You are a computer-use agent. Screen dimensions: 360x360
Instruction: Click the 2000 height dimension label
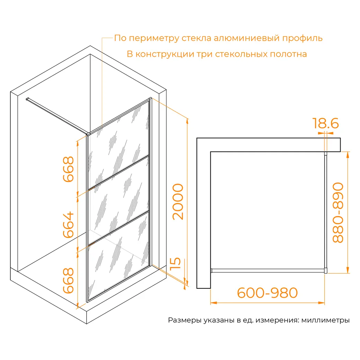coord(178,202)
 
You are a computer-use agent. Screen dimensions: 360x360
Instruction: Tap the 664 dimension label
coord(69,225)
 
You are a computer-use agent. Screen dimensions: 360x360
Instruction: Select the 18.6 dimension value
coord(325,123)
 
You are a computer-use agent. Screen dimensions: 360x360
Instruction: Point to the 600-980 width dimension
coord(267,293)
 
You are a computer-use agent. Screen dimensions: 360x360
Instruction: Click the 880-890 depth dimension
coord(338,213)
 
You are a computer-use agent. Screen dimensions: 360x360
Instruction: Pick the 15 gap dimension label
coord(175,263)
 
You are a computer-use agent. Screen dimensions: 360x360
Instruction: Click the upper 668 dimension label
coord(69,169)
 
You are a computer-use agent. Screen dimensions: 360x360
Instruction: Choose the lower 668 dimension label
coord(69,281)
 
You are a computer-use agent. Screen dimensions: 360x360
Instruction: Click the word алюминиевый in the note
coord(246,38)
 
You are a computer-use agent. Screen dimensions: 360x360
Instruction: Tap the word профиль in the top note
coord(303,38)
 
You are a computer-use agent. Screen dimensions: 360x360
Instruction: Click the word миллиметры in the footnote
coord(325,320)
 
